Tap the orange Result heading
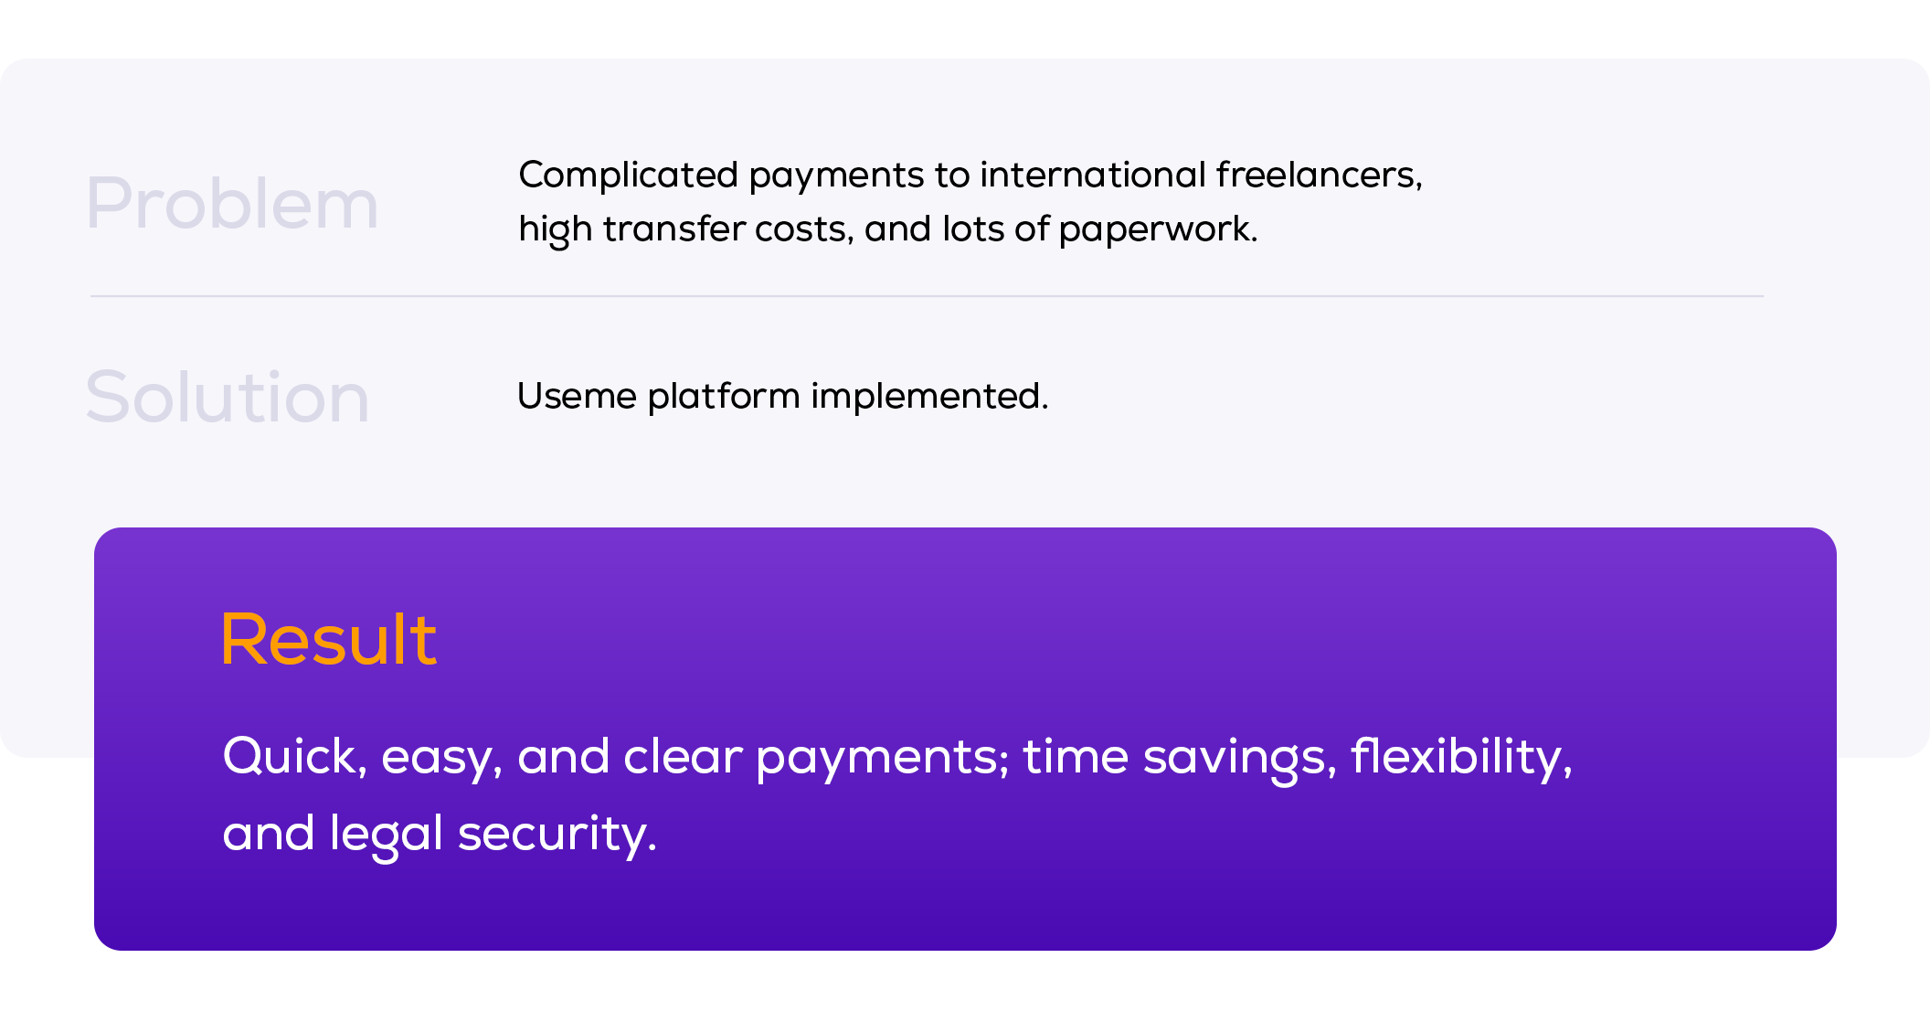(x=329, y=639)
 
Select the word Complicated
(x=628, y=175)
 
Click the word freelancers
(x=1319, y=175)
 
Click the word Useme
(x=577, y=396)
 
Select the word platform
(x=724, y=397)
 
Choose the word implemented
(x=929, y=397)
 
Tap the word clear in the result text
(x=683, y=757)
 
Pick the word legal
(x=387, y=835)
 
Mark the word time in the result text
(x=1076, y=757)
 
